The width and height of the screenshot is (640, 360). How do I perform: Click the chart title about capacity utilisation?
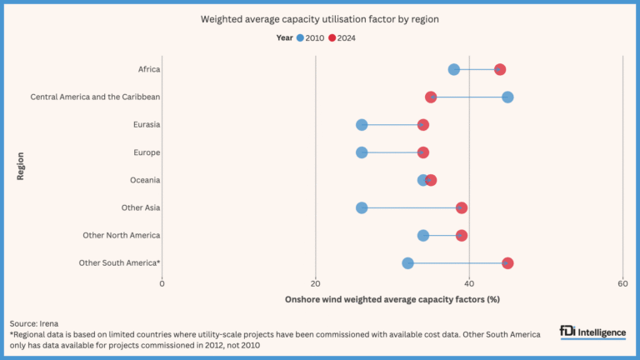point(320,18)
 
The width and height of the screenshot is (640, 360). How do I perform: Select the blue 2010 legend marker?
point(300,37)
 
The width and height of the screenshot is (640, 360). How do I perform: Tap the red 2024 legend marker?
point(332,37)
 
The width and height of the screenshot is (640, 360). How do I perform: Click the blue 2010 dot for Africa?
point(453,69)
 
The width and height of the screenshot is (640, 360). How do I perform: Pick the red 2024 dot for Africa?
point(500,69)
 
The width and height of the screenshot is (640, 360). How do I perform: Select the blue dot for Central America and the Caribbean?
point(507,97)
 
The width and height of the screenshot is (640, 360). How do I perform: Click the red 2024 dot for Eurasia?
point(422,125)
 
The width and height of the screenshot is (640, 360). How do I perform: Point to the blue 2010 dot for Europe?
point(362,152)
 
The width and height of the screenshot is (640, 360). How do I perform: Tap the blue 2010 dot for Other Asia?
point(362,207)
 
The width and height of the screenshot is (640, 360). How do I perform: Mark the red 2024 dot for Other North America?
point(461,236)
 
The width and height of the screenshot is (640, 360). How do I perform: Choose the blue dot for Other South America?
point(407,263)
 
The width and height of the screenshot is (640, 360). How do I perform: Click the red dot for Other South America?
point(507,263)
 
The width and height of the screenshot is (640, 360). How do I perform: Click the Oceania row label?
point(145,180)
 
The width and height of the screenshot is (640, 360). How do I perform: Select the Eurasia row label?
point(146,125)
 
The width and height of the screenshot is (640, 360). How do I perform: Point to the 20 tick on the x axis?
point(316,284)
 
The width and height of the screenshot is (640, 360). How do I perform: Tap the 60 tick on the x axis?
point(622,284)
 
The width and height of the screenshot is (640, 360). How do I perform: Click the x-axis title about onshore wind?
point(392,298)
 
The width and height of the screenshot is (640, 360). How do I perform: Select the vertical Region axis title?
point(18,166)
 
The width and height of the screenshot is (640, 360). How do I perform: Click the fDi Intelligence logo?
point(592,332)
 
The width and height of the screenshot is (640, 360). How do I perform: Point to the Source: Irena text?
point(34,322)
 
